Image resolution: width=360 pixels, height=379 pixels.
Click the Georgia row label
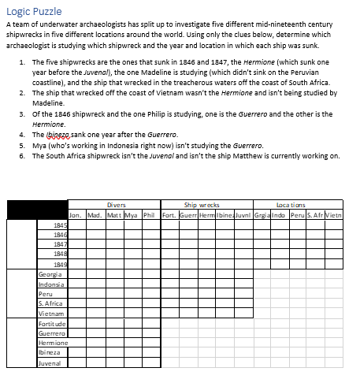tap(49, 273)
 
